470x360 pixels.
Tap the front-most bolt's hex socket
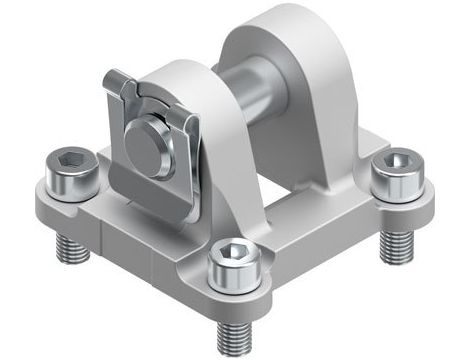pyautogui.click(x=232, y=258)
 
